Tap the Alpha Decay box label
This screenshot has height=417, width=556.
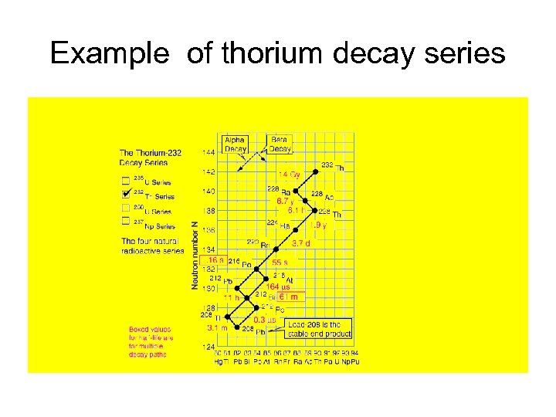pos(235,144)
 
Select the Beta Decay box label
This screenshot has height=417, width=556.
pos(280,144)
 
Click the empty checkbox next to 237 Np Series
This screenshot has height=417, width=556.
pos(125,221)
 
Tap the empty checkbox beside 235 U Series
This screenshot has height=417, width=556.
pos(125,180)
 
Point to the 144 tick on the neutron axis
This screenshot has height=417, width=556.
pos(209,152)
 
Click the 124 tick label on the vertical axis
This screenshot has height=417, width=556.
pos(209,348)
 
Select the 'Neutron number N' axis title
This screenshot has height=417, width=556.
pos(195,256)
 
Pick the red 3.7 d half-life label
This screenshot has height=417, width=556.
pos(300,244)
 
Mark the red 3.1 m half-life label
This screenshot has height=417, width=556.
pos(216,327)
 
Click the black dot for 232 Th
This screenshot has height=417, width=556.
pos(316,171)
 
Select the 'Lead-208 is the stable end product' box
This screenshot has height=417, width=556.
pos(319,329)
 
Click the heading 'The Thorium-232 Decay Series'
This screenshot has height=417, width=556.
pos(151,157)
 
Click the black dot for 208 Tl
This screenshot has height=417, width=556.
pos(228,317)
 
